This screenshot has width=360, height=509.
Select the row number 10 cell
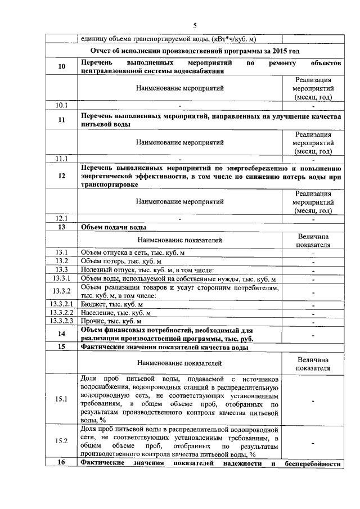click(62, 67)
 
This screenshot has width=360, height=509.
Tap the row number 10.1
click(62, 105)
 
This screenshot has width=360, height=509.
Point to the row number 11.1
click(62, 159)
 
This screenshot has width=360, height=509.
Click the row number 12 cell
click(62, 176)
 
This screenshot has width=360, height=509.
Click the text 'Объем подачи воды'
click(114, 227)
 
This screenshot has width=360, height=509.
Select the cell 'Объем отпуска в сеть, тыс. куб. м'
click(133, 253)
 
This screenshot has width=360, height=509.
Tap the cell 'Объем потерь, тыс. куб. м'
click(121, 262)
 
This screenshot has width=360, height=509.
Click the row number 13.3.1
click(62, 279)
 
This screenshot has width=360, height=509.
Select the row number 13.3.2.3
click(62, 321)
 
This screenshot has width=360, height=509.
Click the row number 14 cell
click(62, 334)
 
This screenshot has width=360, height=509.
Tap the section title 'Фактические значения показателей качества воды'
click(164, 347)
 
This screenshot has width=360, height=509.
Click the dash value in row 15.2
click(312, 442)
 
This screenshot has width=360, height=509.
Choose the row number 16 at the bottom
click(62, 463)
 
